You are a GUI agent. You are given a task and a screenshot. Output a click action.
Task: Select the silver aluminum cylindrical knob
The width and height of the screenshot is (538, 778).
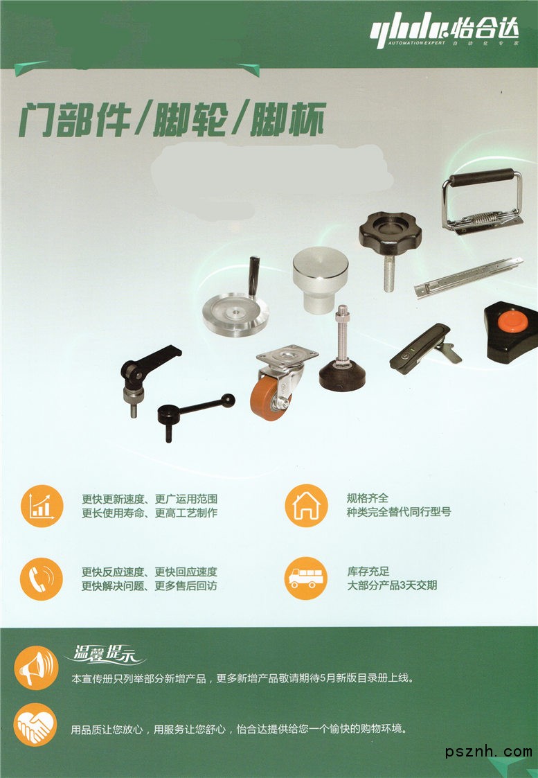coord(321,279)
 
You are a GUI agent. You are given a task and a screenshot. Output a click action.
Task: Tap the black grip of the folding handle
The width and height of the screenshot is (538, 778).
coord(482,177)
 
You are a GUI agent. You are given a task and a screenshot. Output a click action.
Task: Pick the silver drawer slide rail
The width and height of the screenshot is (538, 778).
coord(468,277)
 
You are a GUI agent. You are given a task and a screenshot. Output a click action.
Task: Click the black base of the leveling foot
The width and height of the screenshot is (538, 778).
coord(342,376)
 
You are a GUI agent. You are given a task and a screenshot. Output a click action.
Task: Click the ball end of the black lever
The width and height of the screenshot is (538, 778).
coord(228,400)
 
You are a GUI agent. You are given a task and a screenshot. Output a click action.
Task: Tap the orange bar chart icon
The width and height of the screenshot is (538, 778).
coord(42,506)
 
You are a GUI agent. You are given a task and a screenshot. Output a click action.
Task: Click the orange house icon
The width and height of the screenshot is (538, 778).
coord(307,506)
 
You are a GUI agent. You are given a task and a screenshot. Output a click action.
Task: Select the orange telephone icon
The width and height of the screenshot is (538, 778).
coord(42,578)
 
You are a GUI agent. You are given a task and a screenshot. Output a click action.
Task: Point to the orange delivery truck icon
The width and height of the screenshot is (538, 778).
coord(306,578)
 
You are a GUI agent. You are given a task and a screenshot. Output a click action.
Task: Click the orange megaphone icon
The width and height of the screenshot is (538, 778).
coord(36,667)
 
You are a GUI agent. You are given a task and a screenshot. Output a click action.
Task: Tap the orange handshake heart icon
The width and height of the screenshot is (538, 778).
coord(35,725)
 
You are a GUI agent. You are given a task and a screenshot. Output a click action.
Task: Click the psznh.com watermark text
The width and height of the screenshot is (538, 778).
coord(488,751)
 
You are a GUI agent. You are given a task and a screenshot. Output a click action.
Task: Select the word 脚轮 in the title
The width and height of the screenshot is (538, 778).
coord(190,120)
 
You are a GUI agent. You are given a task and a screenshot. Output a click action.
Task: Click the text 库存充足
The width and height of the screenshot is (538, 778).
coord(368,571)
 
